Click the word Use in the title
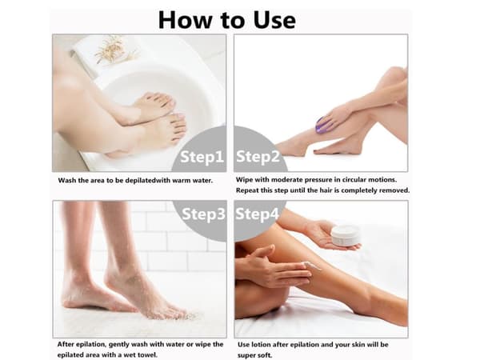tap(274, 20)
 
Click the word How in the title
tap(186, 20)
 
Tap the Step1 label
tap(202, 157)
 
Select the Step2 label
tap(258, 157)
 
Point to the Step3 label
tap(203, 214)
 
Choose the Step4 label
tap(257, 214)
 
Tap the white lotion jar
tap(345, 235)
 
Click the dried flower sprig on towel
tap(114, 49)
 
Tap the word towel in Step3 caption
tap(148, 354)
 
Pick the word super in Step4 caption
tap(246, 356)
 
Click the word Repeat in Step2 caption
tap(246, 190)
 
